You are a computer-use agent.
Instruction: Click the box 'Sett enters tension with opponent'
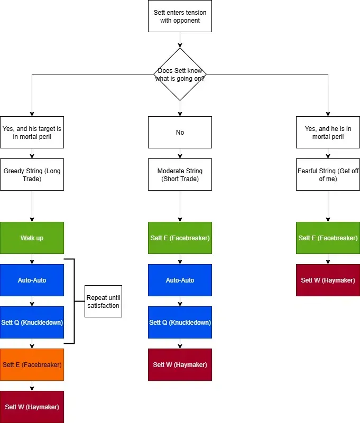coord(180,16)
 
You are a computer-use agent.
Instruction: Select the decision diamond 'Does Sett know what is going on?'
coord(180,74)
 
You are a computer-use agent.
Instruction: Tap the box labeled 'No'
coord(180,132)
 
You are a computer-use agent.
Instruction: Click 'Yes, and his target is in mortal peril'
coord(32,132)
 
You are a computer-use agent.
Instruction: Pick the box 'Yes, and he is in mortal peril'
coord(328,132)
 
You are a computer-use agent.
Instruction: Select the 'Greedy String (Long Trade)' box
coord(32,174)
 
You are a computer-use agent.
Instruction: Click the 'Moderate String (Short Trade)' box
coord(180,174)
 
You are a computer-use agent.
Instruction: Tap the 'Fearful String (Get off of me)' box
coord(328,174)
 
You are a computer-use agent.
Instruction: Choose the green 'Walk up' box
coord(32,238)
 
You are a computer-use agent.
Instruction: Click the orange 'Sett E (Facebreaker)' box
coord(32,364)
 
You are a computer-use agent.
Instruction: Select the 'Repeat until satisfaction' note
coord(103,302)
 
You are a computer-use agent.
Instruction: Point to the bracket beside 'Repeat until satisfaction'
coord(74,302)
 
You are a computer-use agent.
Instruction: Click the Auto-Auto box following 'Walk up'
coord(32,280)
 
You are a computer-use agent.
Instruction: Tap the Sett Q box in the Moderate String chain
coord(180,322)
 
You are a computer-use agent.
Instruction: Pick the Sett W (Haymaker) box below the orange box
coord(32,407)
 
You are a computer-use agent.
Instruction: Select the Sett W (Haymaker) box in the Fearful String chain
coord(328,280)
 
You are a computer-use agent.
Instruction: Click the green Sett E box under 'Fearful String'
coord(328,238)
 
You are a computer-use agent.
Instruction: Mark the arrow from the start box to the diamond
coord(180,40)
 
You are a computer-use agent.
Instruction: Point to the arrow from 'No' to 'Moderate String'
coord(180,153)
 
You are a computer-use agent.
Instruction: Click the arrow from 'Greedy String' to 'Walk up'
coord(32,206)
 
